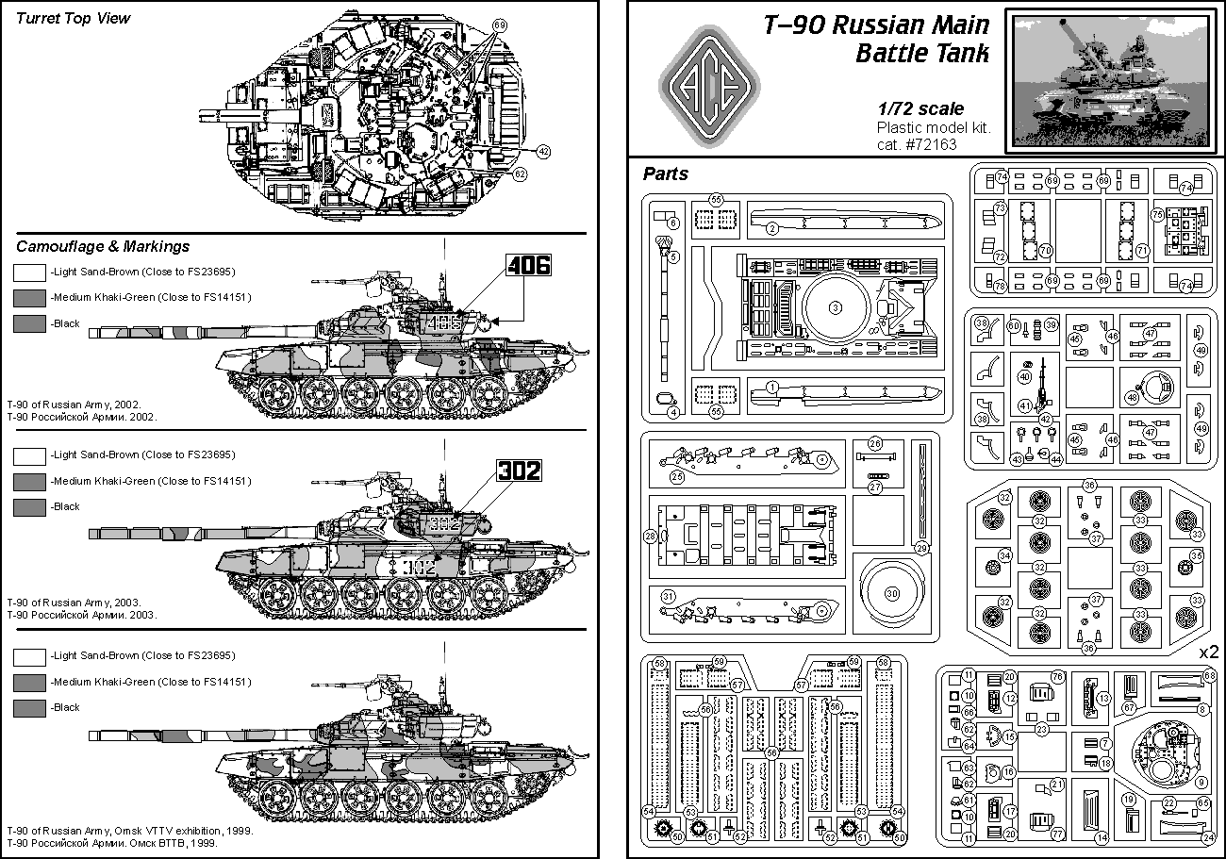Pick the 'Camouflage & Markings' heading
[x=103, y=246]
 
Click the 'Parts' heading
[x=666, y=173]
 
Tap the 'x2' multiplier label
[x=1208, y=653]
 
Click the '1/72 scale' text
[x=919, y=109]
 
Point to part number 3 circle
[x=834, y=308]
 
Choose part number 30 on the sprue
[x=891, y=592]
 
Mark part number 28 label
[x=650, y=537]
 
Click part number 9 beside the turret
[x=1201, y=782]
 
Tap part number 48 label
[x=1132, y=397]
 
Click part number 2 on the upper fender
[x=770, y=226]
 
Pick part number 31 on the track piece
[x=668, y=596]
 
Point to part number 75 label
[x=1157, y=214]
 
